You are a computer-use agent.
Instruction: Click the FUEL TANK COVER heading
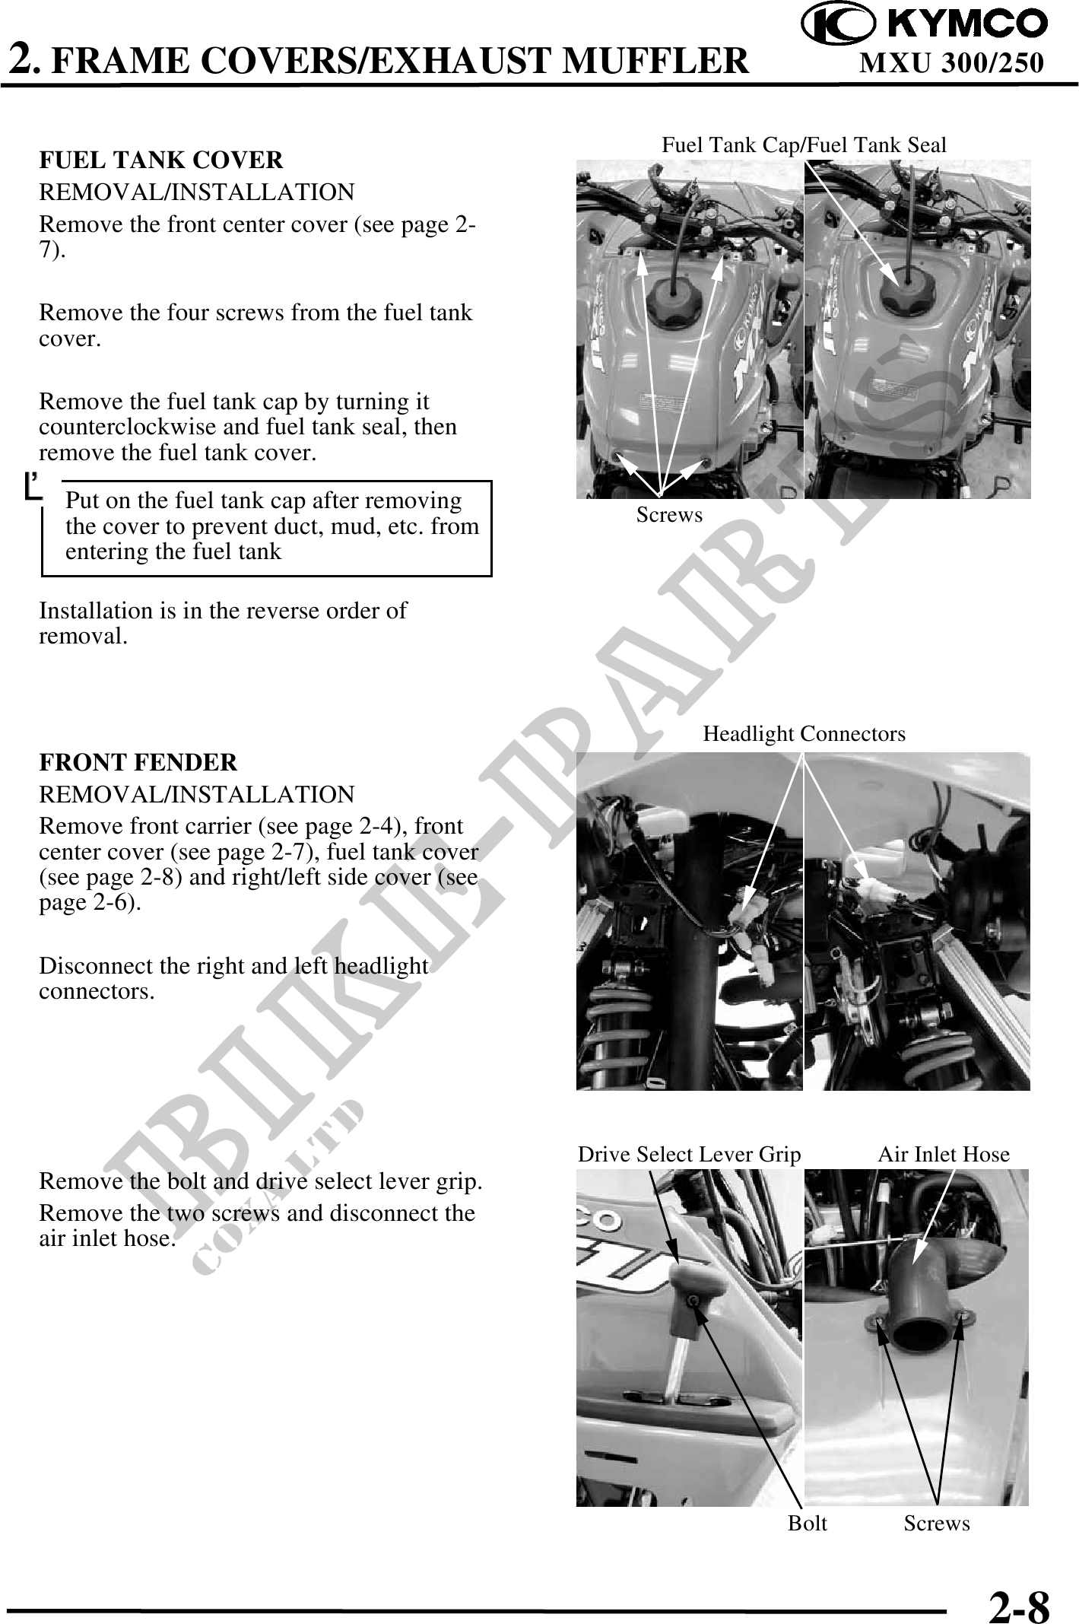point(161,160)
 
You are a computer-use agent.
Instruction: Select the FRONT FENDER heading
point(138,762)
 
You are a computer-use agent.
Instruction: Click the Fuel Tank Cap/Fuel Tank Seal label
point(804,145)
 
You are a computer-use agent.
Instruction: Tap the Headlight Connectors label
point(804,734)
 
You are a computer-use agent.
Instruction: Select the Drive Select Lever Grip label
point(690,1155)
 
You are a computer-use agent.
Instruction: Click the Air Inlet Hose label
point(944,1155)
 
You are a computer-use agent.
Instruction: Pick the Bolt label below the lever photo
point(808,1524)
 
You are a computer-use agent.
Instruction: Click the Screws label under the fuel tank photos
point(670,515)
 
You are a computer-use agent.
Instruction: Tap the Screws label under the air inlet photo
point(938,1524)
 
